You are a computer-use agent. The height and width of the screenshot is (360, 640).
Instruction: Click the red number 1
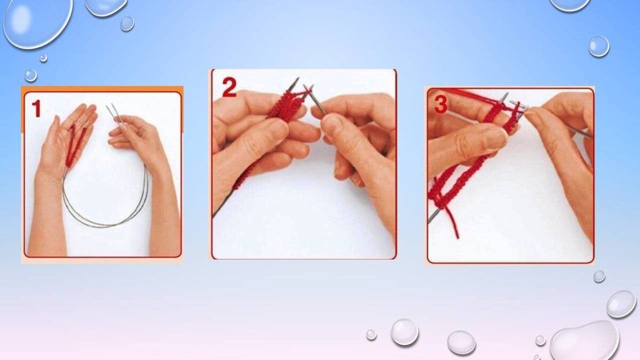pos(36,109)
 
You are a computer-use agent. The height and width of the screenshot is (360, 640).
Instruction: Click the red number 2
pos(229,87)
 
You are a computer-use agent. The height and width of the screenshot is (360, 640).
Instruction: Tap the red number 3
pos(441,105)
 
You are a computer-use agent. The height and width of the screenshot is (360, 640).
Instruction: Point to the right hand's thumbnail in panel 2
pos(331,122)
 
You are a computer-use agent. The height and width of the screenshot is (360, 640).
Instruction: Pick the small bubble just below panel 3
pos(599,276)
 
